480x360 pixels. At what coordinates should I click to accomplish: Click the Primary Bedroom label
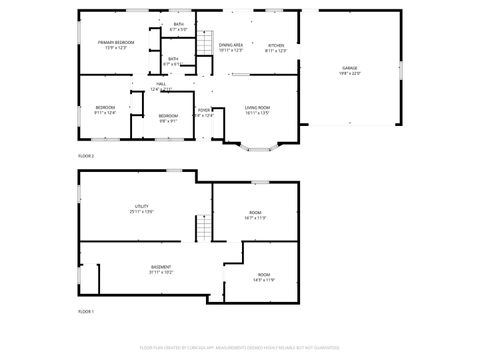click(x=116, y=44)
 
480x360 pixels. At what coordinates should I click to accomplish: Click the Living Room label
click(x=258, y=110)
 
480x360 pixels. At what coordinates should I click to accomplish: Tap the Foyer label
click(x=203, y=112)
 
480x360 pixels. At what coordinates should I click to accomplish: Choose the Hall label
click(x=160, y=86)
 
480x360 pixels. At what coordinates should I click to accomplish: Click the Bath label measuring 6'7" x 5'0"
click(x=179, y=26)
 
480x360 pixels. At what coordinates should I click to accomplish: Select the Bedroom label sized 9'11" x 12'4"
click(x=105, y=110)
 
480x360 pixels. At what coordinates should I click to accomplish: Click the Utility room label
click(x=141, y=209)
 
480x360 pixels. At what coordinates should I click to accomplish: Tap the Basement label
click(x=160, y=270)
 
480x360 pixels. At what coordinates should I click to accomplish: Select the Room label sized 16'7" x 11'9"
click(x=255, y=215)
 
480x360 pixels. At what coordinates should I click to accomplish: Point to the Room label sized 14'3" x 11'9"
click(x=264, y=277)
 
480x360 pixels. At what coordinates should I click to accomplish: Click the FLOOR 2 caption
click(x=86, y=156)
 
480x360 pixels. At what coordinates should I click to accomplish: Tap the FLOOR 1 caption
click(x=86, y=312)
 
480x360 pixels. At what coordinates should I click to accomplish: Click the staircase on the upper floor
click(x=205, y=45)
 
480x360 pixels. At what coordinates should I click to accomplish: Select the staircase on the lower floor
click(x=203, y=232)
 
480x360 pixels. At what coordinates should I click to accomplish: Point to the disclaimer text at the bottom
click(x=239, y=346)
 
